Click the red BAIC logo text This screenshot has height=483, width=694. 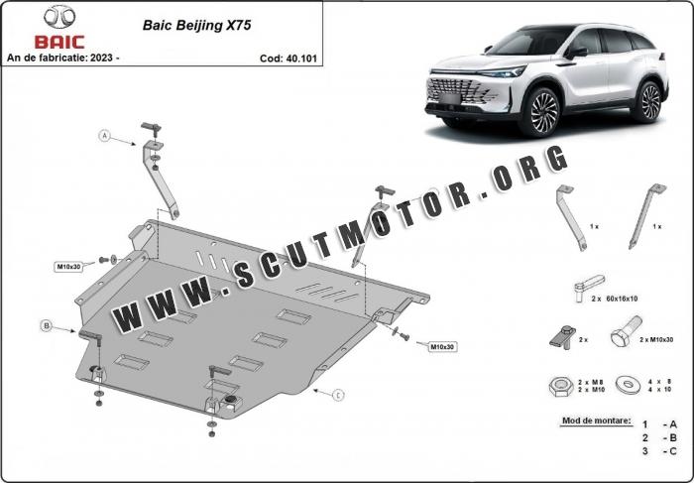[59, 42]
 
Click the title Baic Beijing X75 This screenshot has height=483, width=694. [196, 25]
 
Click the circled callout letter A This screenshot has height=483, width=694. [104, 136]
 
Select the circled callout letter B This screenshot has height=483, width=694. [46, 326]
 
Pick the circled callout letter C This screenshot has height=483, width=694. [338, 395]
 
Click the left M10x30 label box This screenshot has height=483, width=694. [69, 267]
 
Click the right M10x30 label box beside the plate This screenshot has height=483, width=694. [442, 347]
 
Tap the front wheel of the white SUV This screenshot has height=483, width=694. [540, 111]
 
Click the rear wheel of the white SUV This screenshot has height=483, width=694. [647, 101]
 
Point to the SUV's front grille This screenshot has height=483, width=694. [458, 90]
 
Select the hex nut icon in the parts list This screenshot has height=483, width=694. [560, 387]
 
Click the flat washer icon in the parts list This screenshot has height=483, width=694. [628, 384]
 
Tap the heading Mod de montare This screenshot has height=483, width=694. [597, 421]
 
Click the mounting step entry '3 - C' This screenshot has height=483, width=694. [660, 451]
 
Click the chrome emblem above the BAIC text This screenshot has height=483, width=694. [59, 17]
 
